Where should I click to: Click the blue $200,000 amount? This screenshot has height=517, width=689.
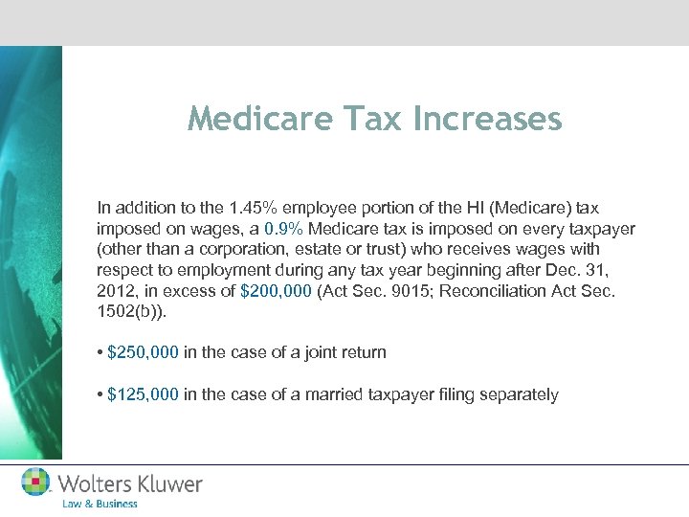coord(278,291)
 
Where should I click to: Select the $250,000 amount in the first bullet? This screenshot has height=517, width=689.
coord(143,352)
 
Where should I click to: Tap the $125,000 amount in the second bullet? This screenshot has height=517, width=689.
coord(143,394)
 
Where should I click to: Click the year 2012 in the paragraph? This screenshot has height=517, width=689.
coord(116,291)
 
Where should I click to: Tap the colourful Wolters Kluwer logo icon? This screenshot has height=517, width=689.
coord(36,483)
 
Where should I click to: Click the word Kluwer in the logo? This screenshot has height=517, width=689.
coord(168,483)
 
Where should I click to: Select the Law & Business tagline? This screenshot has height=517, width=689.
coord(100,504)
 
